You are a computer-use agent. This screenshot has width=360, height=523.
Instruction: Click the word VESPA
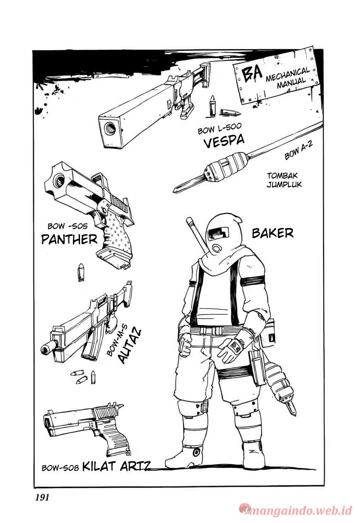tap(224, 142)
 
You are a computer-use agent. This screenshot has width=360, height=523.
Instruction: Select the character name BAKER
tap(272, 233)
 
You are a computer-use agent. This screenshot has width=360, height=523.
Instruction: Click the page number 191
tap(40, 498)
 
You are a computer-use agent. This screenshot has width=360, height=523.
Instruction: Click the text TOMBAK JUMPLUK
tap(284, 180)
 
